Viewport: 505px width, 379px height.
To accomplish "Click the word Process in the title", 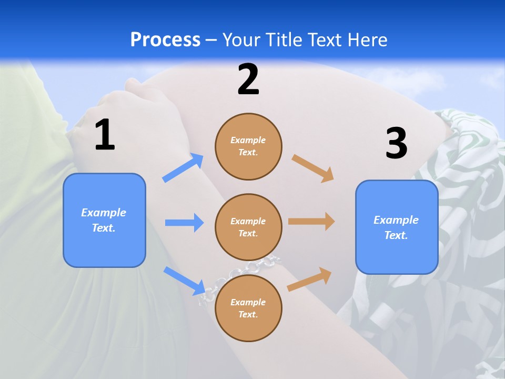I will (x=165, y=40).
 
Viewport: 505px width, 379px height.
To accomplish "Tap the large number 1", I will (x=105, y=135).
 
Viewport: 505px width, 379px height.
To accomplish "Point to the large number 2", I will (x=248, y=79).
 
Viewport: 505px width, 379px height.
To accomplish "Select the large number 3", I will (x=397, y=143).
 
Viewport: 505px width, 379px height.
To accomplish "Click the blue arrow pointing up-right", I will (x=183, y=168).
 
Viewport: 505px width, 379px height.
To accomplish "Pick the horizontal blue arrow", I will (x=184, y=223).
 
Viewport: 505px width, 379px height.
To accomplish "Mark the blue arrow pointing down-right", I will (x=184, y=281).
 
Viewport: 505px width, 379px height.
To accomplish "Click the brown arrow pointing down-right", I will (x=313, y=168).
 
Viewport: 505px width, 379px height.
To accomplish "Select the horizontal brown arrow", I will (x=311, y=222).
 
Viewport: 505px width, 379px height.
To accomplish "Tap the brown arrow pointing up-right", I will (x=310, y=279).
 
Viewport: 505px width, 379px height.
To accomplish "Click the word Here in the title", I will (x=369, y=40).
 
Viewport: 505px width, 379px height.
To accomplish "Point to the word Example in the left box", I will (x=104, y=213).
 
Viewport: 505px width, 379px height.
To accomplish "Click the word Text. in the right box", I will (x=396, y=235).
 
